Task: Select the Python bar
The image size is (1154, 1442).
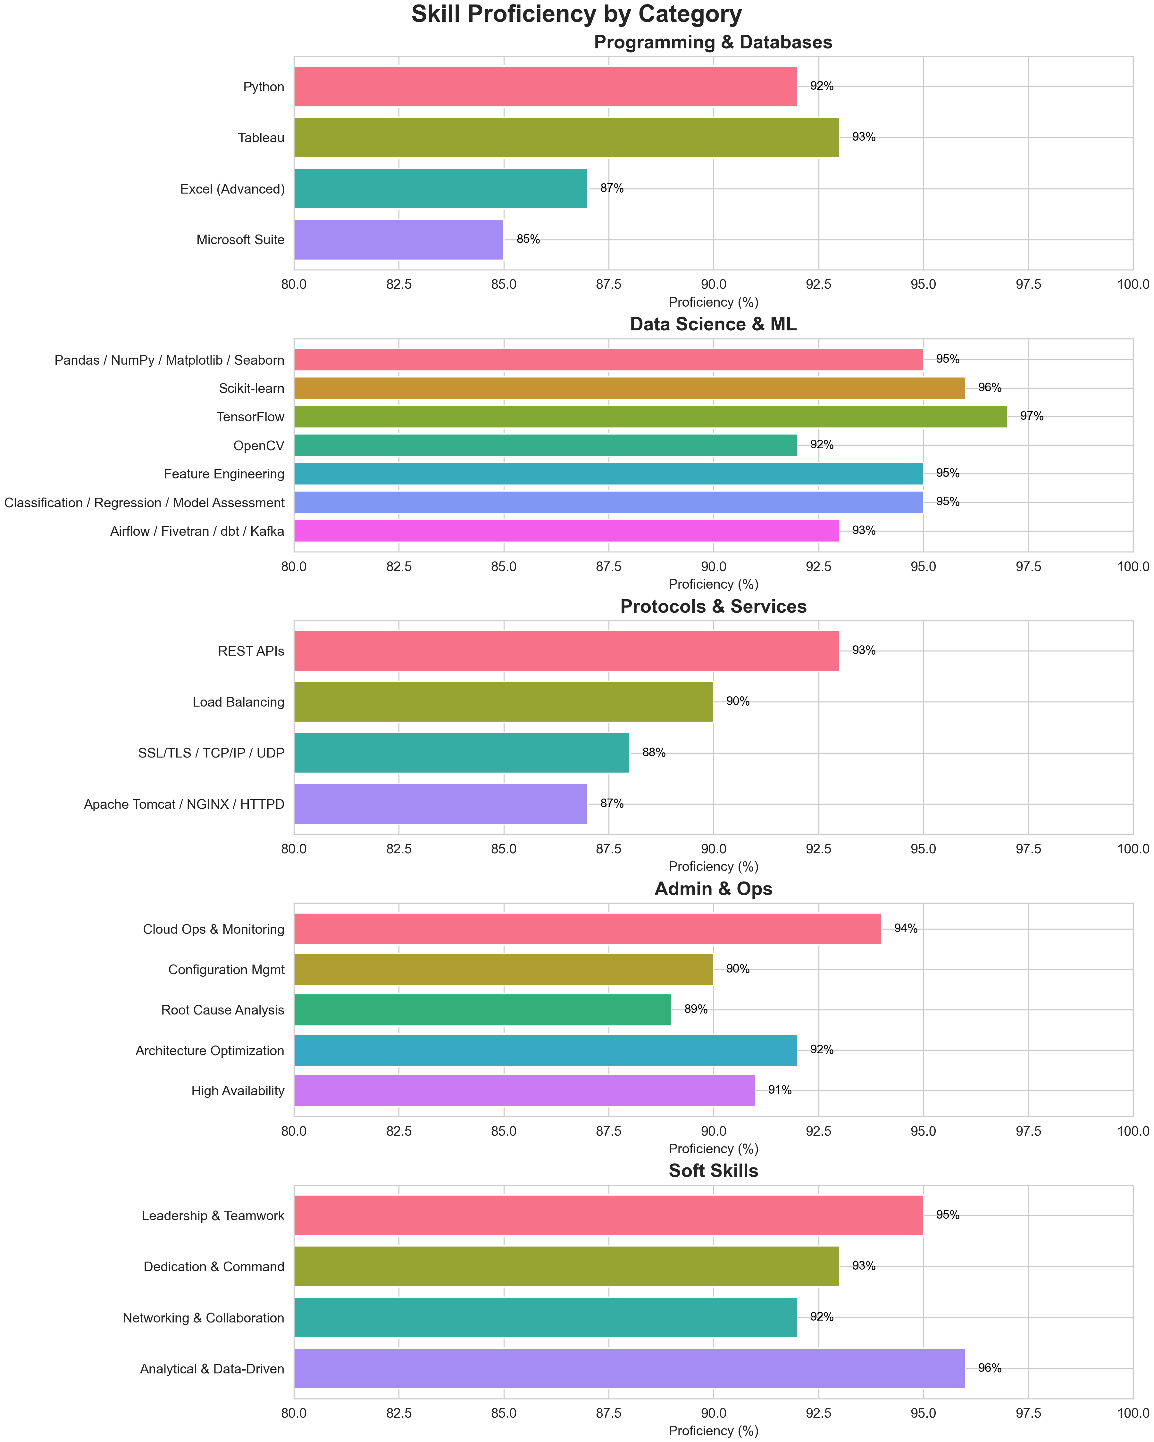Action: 545,86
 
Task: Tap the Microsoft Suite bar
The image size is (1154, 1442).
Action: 399,239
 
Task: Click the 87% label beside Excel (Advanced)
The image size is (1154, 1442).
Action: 611,189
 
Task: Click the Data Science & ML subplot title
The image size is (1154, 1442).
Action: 713,324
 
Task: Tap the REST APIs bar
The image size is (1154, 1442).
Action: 566,651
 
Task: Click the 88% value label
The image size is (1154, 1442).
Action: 654,752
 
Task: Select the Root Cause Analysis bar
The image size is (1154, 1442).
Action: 482,1010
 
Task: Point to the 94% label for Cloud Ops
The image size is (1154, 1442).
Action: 906,928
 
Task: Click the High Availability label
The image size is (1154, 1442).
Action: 238,1091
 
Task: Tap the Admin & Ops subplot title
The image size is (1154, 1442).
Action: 713,889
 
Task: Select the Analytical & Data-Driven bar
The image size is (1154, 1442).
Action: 629,1368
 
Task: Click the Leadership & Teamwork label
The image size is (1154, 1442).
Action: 213,1216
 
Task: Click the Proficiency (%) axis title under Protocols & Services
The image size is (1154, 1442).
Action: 713,867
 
